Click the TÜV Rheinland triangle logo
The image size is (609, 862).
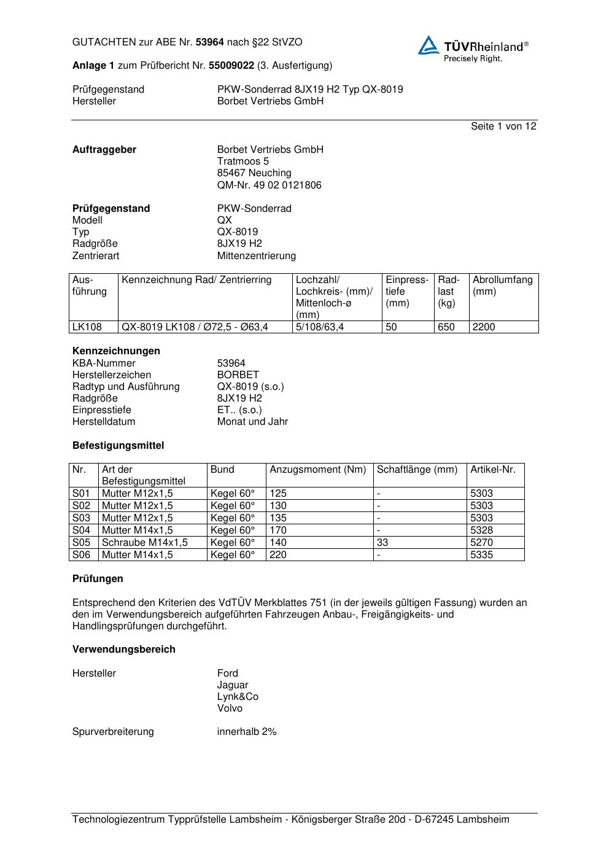429,45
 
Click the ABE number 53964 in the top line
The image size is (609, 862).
209,42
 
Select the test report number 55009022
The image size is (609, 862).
231,65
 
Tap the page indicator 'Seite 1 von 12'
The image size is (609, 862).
503,126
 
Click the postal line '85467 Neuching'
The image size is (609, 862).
254,173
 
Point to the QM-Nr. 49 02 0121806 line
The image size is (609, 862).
269,185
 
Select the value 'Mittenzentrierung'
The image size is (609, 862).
256,255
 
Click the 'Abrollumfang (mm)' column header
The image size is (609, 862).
502,285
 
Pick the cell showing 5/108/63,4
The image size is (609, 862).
320,327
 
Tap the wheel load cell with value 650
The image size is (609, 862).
446,327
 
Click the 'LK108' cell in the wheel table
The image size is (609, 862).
87,327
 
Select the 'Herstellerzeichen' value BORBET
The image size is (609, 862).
238,375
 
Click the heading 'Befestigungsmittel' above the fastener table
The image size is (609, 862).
118,445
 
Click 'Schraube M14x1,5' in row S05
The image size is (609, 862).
145,542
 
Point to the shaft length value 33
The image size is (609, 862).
382,542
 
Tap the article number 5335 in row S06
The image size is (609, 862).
481,554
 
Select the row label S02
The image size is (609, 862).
81,505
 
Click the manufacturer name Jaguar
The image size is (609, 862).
233,685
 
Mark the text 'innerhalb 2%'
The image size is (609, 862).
247,731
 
